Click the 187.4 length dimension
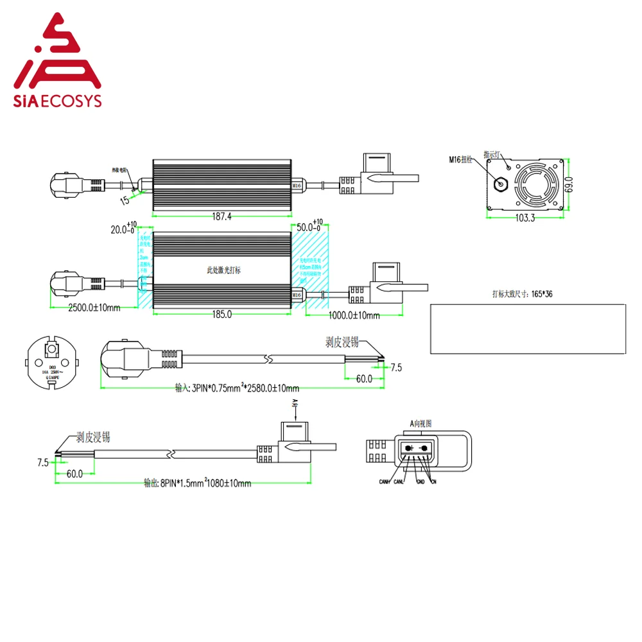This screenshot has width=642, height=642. tap(221, 217)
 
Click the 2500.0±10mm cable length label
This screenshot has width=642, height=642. tap(94, 308)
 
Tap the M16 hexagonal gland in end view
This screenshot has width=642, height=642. tap(499, 181)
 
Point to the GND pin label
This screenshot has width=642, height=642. tap(421, 481)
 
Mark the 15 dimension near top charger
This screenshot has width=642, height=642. tap(124, 200)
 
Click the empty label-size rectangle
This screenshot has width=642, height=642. tap(527, 328)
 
